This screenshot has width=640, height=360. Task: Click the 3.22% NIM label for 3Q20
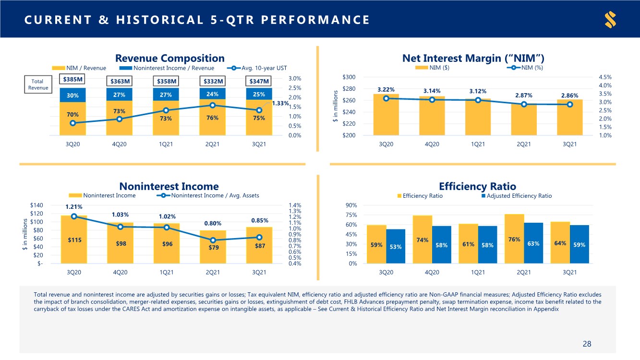click(x=386, y=89)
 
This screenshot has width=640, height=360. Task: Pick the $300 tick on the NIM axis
click(x=349, y=78)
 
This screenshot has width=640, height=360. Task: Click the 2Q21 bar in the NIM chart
click(x=523, y=120)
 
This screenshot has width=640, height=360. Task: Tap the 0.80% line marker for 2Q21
click(x=213, y=240)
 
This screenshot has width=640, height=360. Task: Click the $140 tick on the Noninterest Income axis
click(x=37, y=205)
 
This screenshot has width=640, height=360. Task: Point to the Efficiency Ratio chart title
click(x=477, y=186)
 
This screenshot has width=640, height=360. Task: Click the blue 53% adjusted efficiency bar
click(x=396, y=246)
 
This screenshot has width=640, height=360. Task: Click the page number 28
click(x=587, y=344)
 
